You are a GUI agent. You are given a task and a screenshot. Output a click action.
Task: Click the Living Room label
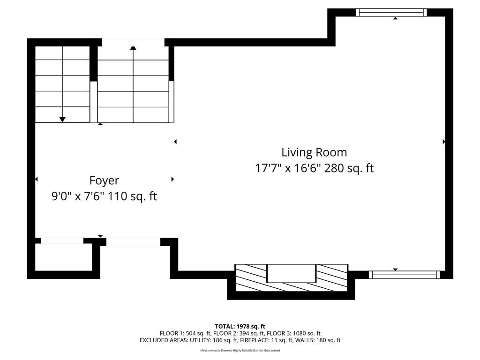[314, 152]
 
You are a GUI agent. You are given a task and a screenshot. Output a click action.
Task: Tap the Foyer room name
[104, 180]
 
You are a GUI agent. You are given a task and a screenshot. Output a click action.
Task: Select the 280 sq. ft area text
[349, 168]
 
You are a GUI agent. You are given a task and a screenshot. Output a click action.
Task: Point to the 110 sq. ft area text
[132, 196]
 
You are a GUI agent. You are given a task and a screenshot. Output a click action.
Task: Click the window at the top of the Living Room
[391, 12]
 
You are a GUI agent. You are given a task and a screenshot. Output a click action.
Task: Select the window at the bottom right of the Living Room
[405, 275]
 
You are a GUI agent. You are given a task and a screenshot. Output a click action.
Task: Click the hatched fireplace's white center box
[291, 273]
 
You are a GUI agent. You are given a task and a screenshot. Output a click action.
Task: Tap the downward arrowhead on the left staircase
[62, 120]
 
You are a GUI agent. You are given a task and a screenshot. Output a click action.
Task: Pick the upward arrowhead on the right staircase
[133, 48]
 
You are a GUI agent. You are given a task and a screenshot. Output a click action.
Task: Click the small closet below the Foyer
[64, 257]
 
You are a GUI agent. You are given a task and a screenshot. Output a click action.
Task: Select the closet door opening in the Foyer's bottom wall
[62, 240]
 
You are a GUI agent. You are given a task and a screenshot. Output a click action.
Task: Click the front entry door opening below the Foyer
[133, 242]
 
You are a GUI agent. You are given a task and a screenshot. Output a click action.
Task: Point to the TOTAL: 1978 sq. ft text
[240, 326]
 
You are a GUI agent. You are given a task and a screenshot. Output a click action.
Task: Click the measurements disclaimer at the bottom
[240, 350]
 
